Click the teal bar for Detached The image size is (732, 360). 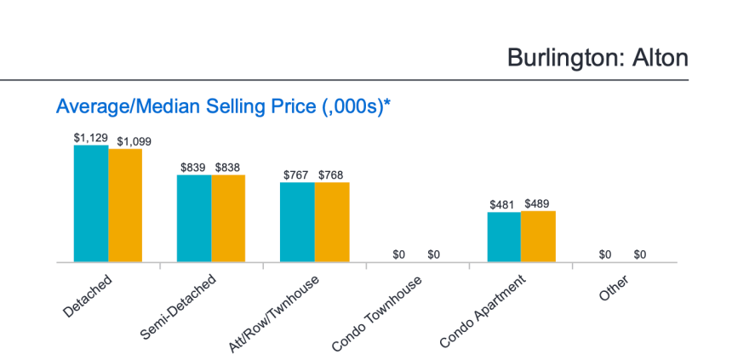[91, 203]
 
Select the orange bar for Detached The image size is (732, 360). [125, 205]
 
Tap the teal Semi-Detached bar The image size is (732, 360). [194, 219]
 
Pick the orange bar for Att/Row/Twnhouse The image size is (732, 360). [332, 222]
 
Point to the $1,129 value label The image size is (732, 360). [90, 137]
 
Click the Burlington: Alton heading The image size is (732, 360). [597, 57]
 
